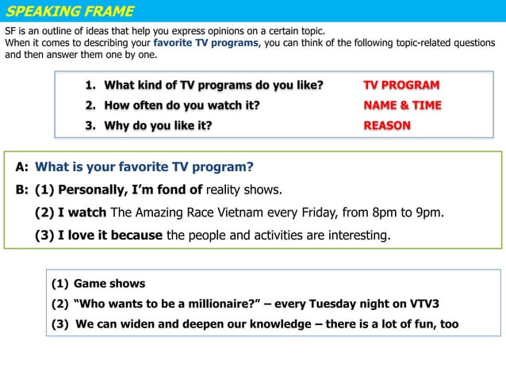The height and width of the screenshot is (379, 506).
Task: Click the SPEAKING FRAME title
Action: coord(70,11)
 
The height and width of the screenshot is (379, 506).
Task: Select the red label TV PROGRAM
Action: coord(401,85)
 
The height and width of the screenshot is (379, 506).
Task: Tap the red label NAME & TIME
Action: coord(402,105)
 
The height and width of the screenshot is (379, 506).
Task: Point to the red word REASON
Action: coord(386,125)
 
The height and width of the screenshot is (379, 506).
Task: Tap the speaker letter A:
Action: coord(21,167)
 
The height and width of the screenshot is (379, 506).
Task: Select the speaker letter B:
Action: coord(21,189)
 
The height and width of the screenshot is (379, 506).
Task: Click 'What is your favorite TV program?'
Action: coord(144,167)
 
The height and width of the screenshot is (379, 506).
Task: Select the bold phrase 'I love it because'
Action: coord(110,235)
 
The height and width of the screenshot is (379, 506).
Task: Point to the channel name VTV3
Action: coord(424,304)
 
